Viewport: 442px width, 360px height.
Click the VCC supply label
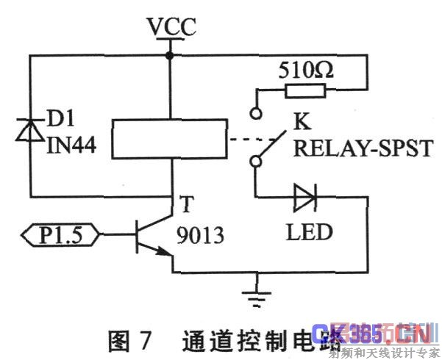coord(171,27)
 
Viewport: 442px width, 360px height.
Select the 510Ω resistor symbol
coord(305,90)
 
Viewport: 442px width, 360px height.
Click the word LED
coord(308,233)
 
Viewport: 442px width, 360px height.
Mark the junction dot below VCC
coord(171,56)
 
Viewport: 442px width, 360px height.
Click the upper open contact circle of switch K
coord(256,113)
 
